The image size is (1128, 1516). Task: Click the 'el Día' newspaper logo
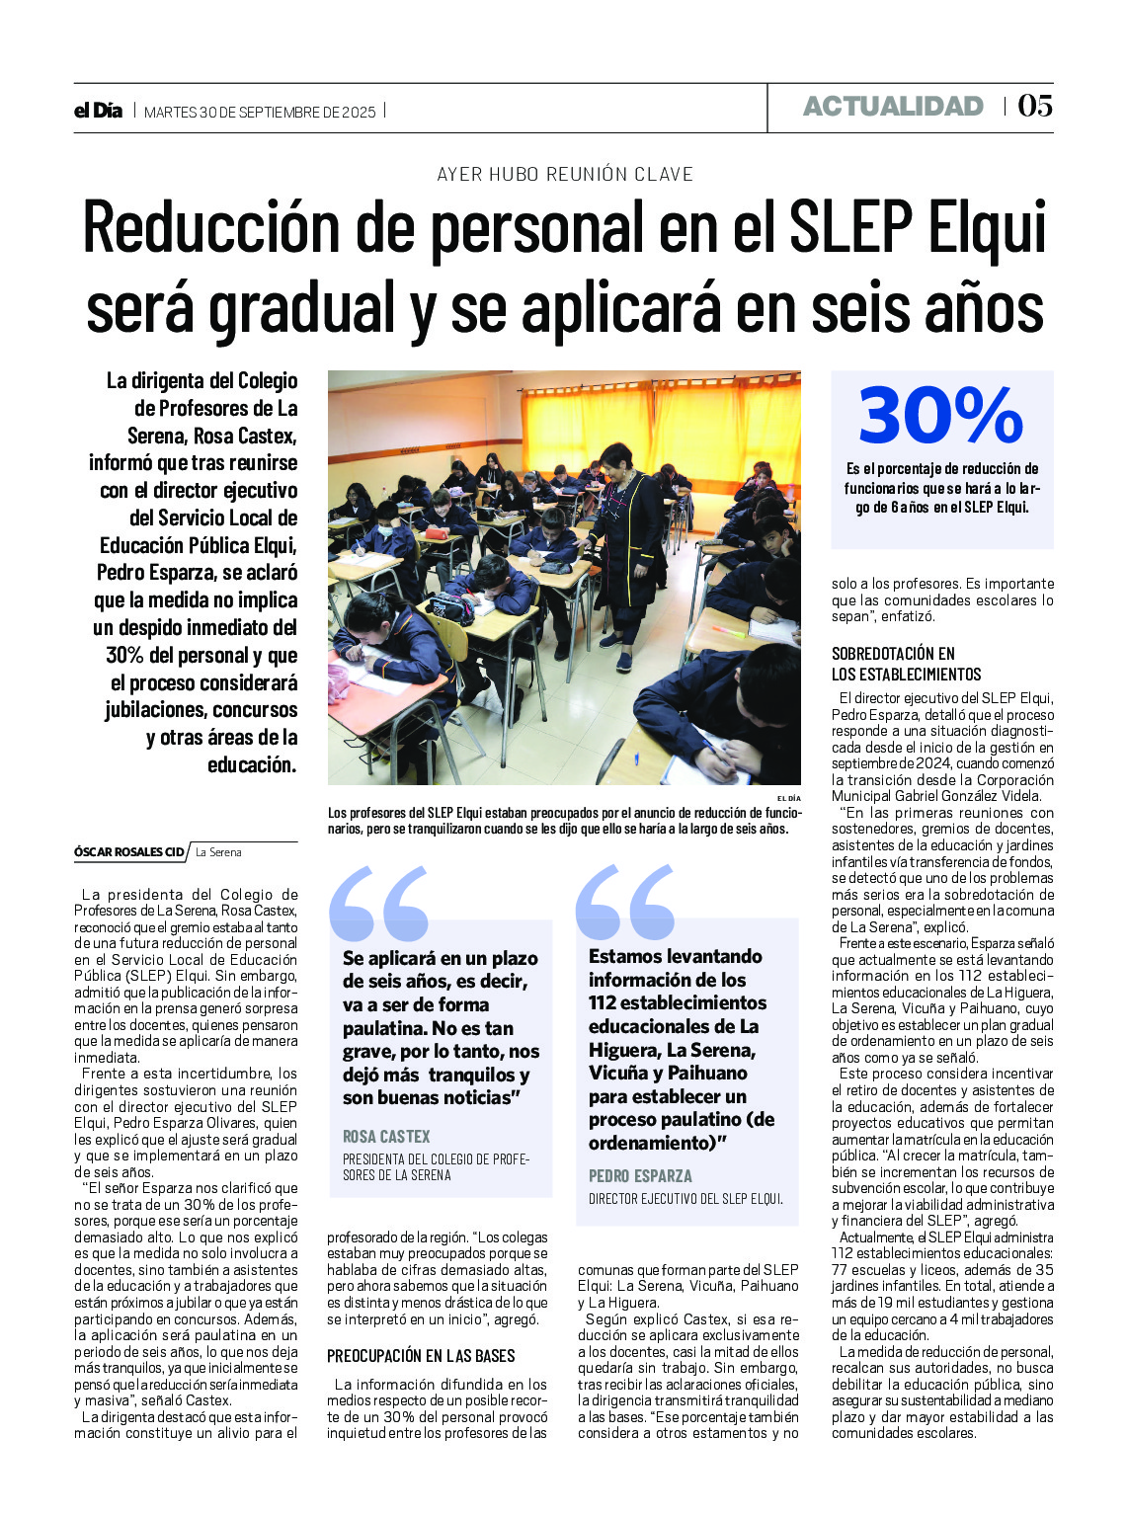click(x=98, y=111)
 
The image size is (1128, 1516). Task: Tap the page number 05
click(x=1035, y=106)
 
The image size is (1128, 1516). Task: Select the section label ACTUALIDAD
click(x=893, y=107)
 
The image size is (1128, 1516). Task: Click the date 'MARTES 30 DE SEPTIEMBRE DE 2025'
click(x=260, y=112)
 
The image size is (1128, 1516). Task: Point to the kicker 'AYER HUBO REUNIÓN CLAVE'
click(x=564, y=174)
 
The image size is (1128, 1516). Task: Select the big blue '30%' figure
click(x=940, y=415)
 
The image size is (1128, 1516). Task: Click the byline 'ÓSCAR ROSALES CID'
click(x=129, y=851)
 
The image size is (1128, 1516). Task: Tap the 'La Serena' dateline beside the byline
click(x=218, y=851)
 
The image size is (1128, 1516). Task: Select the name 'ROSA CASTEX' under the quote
click(x=386, y=1137)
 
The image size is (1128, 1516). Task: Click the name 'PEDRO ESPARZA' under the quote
click(x=640, y=1175)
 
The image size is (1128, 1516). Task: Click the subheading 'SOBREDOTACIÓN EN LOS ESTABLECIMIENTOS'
click(x=906, y=664)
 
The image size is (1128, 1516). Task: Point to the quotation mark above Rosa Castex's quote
click(x=378, y=903)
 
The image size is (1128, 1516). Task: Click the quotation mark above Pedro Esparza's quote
click(x=624, y=901)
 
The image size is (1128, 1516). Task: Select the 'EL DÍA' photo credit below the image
click(x=788, y=797)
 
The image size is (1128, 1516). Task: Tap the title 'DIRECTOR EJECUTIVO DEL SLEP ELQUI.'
click(x=685, y=1199)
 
